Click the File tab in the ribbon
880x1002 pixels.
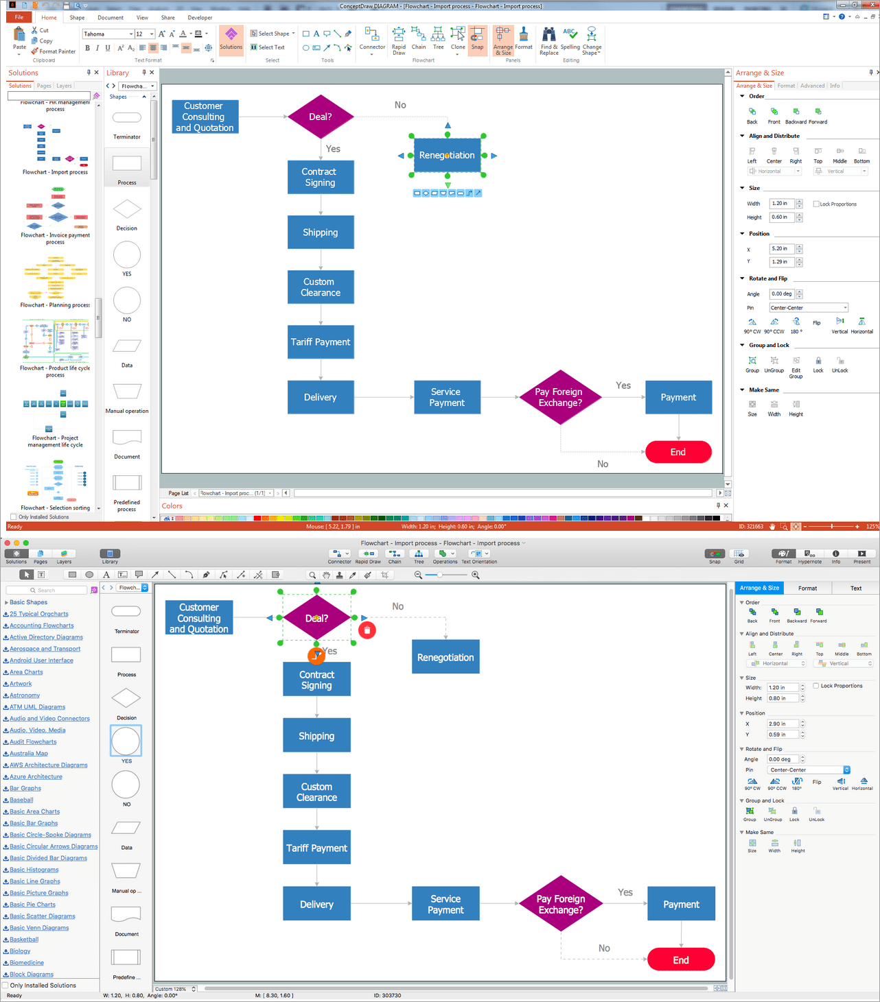(x=19, y=17)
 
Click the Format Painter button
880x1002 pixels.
(x=54, y=51)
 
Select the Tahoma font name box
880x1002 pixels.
(x=106, y=34)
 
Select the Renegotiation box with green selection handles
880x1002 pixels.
(x=447, y=156)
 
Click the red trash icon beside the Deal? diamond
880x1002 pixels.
(x=367, y=630)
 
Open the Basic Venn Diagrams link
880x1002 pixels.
(x=39, y=928)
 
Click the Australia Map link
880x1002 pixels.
(x=29, y=753)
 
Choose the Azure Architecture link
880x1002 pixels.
(x=36, y=776)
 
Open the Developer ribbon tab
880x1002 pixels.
(x=200, y=18)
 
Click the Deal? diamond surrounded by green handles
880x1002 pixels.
(x=316, y=618)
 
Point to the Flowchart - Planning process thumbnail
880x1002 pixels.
(x=56, y=278)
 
